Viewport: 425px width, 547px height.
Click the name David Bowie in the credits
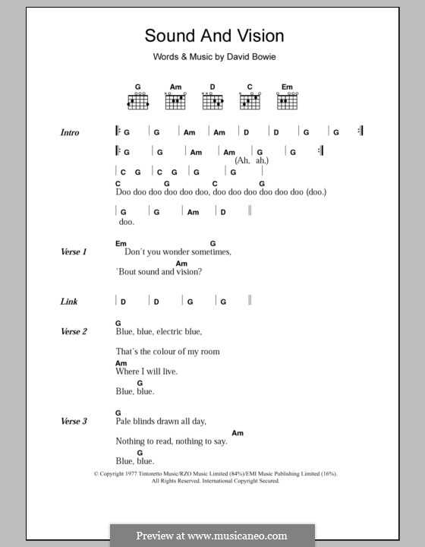(x=242, y=57)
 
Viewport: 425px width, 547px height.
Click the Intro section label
(x=70, y=133)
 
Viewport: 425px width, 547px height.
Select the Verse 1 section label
(x=74, y=251)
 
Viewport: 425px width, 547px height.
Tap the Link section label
(x=69, y=302)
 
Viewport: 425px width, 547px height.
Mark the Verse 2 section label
(x=74, y=331)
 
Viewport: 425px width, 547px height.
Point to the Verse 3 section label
(x=74, y=421)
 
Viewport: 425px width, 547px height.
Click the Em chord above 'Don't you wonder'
(x=121, y=243)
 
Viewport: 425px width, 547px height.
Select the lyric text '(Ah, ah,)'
(x=252, y=161)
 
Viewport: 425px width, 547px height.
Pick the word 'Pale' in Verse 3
(x=124, y=421)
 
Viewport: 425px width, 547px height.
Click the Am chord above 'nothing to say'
(x=238, y=432)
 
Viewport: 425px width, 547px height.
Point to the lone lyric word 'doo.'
(x=126, y=222)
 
